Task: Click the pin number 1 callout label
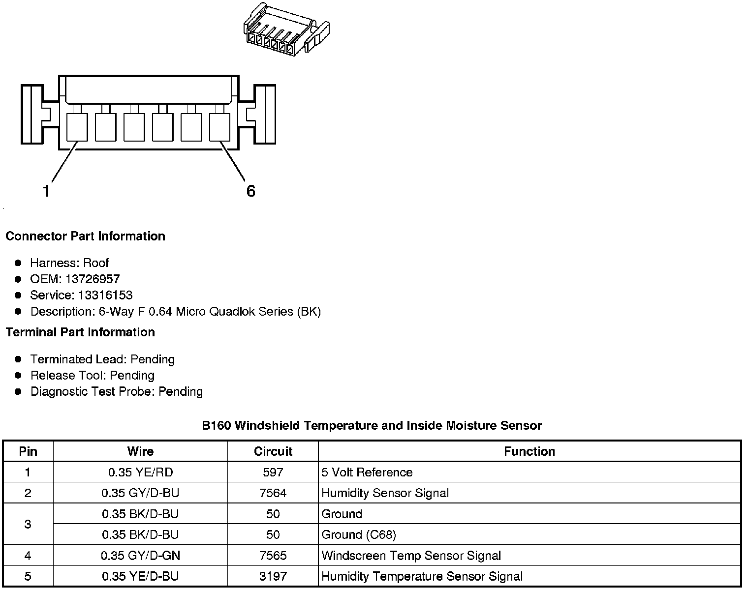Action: (46, 191)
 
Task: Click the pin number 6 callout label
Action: (251, 191)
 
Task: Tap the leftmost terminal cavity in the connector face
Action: (77, 127)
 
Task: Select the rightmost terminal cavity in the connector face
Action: (220, 127)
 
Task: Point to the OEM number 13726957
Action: (93, 279)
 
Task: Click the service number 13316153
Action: (105, 295)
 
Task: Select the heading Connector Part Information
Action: (85, 236)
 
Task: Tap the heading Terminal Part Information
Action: (80, 332)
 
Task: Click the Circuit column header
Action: (273, 451)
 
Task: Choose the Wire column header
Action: (140, 451)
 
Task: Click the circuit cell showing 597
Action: (273, 472)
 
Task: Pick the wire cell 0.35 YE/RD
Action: (140, 472)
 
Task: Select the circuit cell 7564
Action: (273, 493)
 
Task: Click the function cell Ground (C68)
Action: (359, 534)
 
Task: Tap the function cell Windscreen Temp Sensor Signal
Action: (411, 556)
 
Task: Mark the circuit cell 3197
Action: (273, 576)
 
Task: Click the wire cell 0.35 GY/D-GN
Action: (140, 556)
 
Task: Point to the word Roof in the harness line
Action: (96, 263)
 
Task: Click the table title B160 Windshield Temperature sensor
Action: (372, 426)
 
